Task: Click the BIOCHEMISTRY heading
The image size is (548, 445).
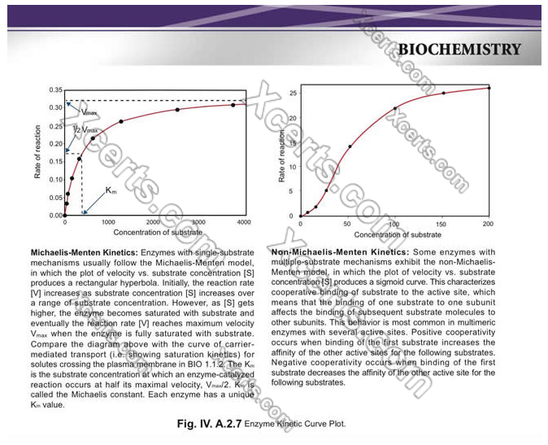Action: pyautogui.click(x=459, y=50)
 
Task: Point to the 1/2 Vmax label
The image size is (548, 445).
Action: pyautogui.click(x=85, y=129)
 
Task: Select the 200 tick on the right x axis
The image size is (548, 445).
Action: pyautogui.click(x=488, y=224)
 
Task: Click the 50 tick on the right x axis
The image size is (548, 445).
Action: pyautogui.click(x=347, y=224)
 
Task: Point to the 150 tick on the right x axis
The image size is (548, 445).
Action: pyautogui.click(x=441, y=224)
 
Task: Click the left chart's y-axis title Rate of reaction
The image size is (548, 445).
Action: pyautogui.click(x=37, y=155)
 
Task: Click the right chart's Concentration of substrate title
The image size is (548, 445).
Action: pyautogui.click(x=394, y=234)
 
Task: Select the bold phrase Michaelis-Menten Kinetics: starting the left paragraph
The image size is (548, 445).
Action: pyautogui.click(x=84, y=253)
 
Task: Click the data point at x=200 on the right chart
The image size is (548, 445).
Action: pyautogui.click(x=488, y=88)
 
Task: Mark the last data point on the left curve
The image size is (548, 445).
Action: pyautogui.click(x=233, y=104)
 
